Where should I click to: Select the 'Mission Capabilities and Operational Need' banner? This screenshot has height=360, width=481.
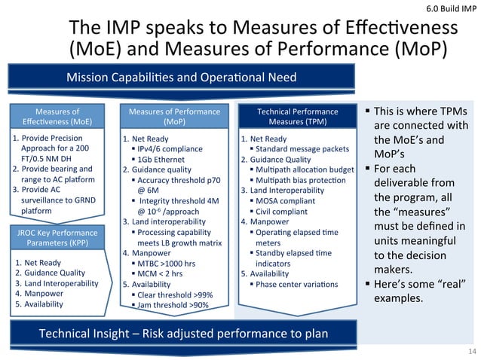[x=182, y=77]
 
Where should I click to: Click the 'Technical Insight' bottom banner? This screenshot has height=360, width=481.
[x=184, y=333]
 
